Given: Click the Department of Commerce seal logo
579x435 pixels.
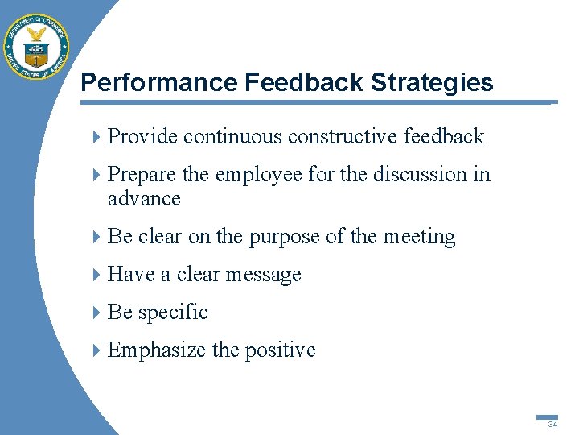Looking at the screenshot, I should click(36, 47).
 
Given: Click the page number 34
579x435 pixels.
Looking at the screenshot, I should click(552, 424).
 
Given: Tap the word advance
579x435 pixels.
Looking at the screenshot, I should click(144, 199).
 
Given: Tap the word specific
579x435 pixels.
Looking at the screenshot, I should click(172, 313).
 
